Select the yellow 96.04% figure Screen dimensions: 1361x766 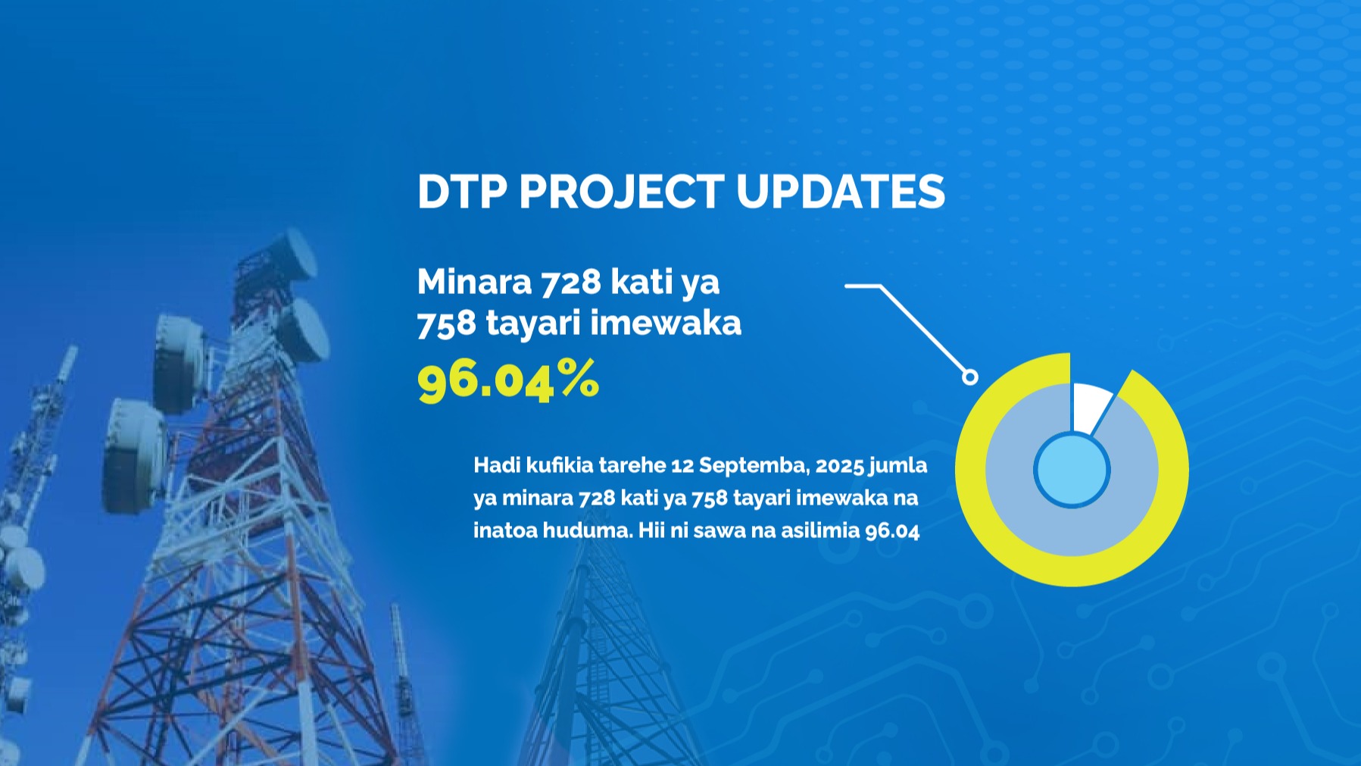point(508,380)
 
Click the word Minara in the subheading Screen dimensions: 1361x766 point(475,282)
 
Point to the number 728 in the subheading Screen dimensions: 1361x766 point(571,282)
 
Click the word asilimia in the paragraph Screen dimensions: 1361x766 point(820,530)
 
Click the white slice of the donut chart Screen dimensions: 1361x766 point(1089,406)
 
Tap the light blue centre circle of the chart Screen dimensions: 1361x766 point(1072,470)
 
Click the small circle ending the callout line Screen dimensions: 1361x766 point(970,377)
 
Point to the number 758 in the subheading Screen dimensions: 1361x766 point(447,323)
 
